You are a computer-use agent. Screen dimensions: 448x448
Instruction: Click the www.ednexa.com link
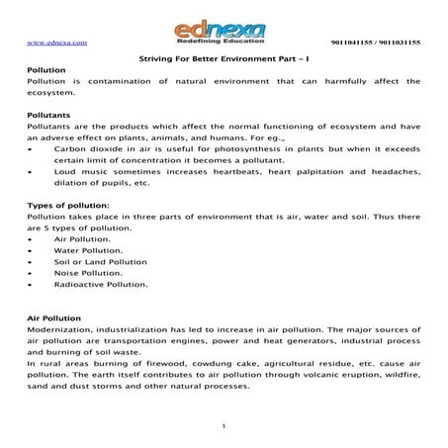tap(52, 44)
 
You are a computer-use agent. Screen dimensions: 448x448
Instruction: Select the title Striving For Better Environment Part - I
tap(223, 59)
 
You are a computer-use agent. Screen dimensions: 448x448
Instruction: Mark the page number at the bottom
tap(224, 425)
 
